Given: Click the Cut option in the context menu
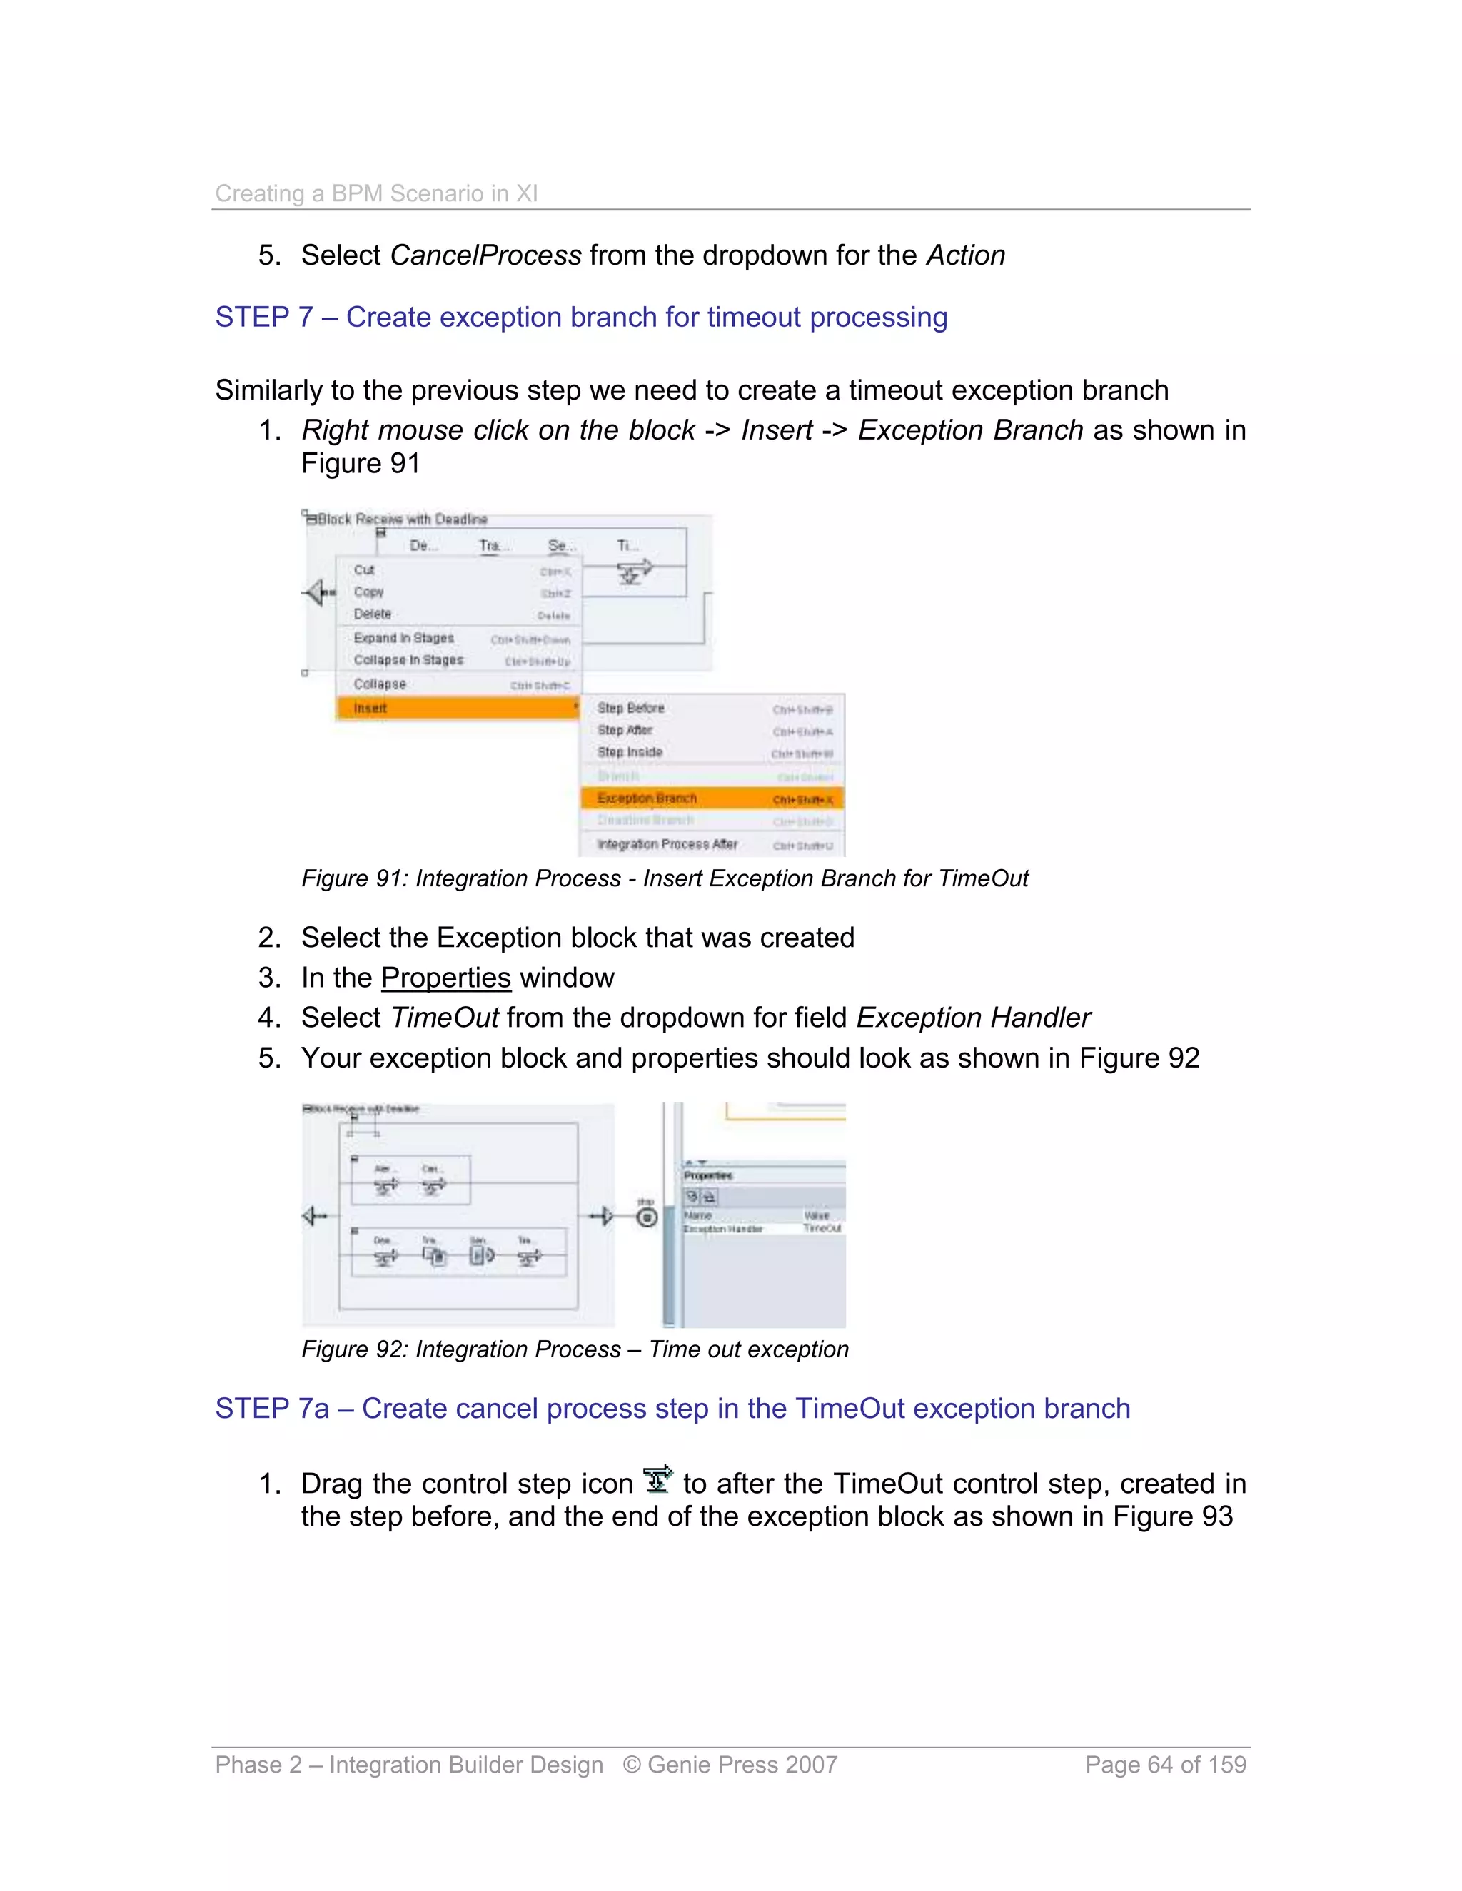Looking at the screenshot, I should click(x=365, y=569).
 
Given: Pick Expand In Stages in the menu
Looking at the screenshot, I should click(x=403, y=638).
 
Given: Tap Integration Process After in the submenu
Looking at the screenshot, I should click(x=667, y=844).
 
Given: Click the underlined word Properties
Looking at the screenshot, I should click(x=445, y=978).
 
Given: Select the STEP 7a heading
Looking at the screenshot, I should click(x=672, y=1409).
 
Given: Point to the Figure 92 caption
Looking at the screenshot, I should click(x=574, y=1349).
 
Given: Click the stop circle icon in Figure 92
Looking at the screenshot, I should click(x=646, y=1217).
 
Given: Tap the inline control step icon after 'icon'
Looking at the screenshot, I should click(x=658, y=1480).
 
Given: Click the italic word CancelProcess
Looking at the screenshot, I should click(x=485, y=255).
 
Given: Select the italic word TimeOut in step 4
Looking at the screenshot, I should click(x=443, y=1018).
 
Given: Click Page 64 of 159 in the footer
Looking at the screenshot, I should click(x=1165, y=1765).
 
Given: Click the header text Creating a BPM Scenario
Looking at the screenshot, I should click(x=376, y=193).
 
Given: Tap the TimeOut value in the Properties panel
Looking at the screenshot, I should click(x=821, y=1229).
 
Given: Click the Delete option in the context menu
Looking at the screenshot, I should click(x=373, y=614).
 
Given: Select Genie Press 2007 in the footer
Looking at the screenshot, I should click(x=730, y=1765).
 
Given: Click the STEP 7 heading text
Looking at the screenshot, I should click(x=580, y=317).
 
